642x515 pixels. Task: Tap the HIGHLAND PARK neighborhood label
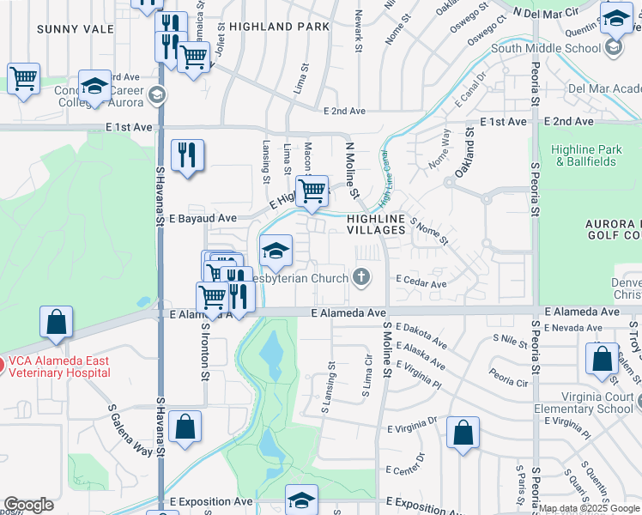tap(280, 27)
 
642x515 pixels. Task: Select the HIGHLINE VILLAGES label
tap(376, 225)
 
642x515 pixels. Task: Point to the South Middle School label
tap(544, 48)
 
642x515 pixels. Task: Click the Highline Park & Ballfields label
tap(586, 155)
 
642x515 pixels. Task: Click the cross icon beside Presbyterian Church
tap(361, 277)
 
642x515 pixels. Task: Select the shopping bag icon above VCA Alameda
tap(56, 323)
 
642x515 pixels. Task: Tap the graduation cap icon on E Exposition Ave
tap(301, 500)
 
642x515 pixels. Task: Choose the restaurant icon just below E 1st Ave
tap(187, 156)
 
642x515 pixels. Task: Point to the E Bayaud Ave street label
tap(203, 219)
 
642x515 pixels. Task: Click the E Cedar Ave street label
tap(421, 283)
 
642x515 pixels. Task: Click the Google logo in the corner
tap(28, 505)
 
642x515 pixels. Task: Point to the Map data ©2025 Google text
tap(589, 509)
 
